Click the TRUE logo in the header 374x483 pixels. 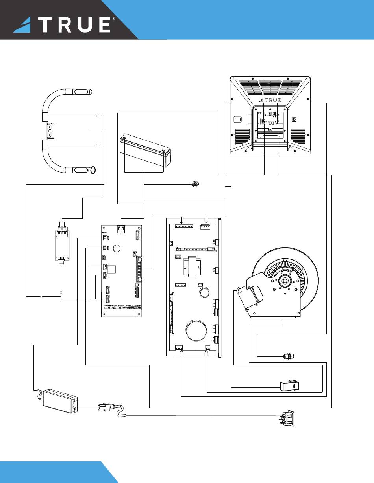pos(64,24)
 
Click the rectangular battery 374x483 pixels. pos(145,150)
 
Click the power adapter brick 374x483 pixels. pos(60,402)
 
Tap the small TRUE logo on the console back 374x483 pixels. pos(270,100)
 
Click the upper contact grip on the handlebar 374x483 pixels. pos(81,92)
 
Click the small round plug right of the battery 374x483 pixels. pos(195,184)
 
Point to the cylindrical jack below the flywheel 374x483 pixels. pos(288,356)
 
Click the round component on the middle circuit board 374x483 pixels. pos(117,248)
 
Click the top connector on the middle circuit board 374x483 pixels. pos(120,229)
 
